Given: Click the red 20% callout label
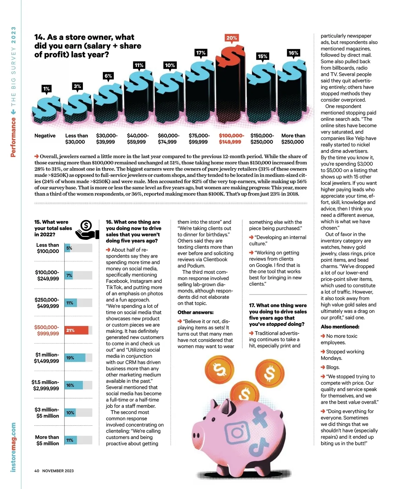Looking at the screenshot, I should (232, 38).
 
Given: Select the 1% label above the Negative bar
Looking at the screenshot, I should (46, 89).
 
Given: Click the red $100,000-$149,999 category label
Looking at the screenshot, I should (231, 139).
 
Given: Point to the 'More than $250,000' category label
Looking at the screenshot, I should (293, 139).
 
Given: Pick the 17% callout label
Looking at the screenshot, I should (201, 53).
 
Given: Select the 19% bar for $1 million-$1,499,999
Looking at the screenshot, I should (75, 358).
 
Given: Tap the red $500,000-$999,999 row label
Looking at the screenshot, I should (46, 330).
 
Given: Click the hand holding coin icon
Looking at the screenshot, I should (87, 230).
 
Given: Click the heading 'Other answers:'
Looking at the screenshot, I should (195, 312).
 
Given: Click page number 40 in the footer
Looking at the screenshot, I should (37, 471).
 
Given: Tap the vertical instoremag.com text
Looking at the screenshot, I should (13, 447).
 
